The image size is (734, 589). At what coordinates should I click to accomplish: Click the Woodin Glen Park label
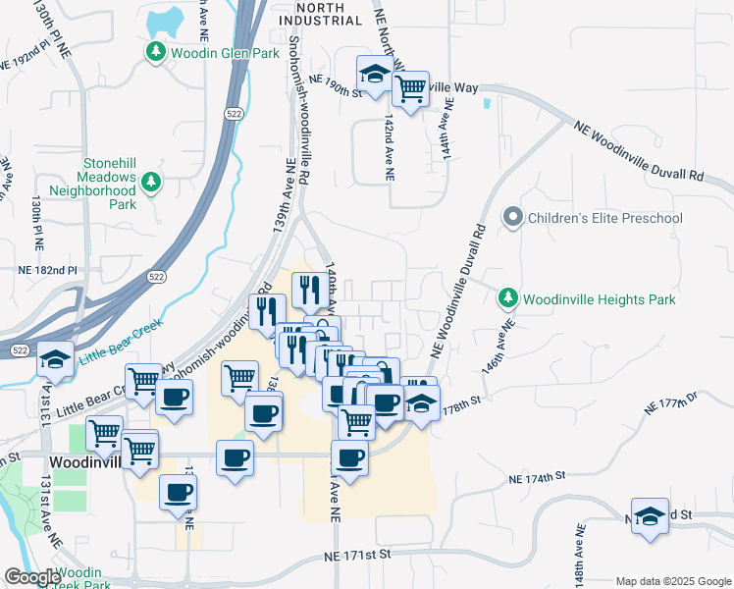218,52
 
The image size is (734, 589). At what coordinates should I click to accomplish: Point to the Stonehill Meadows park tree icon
150,182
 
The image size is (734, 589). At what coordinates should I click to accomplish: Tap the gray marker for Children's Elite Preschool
512,217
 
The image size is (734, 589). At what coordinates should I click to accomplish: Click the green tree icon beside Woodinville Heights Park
507,296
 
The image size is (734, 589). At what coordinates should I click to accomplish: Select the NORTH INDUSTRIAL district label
320,13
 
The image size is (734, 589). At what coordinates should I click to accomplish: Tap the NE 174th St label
538,477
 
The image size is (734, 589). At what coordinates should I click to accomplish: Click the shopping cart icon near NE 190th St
410,89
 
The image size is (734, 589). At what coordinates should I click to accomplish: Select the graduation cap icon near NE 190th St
374,75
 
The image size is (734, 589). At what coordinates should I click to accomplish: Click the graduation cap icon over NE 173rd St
649,515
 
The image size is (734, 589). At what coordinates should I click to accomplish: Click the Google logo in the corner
32,577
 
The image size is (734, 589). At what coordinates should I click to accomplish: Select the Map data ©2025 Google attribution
671,581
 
